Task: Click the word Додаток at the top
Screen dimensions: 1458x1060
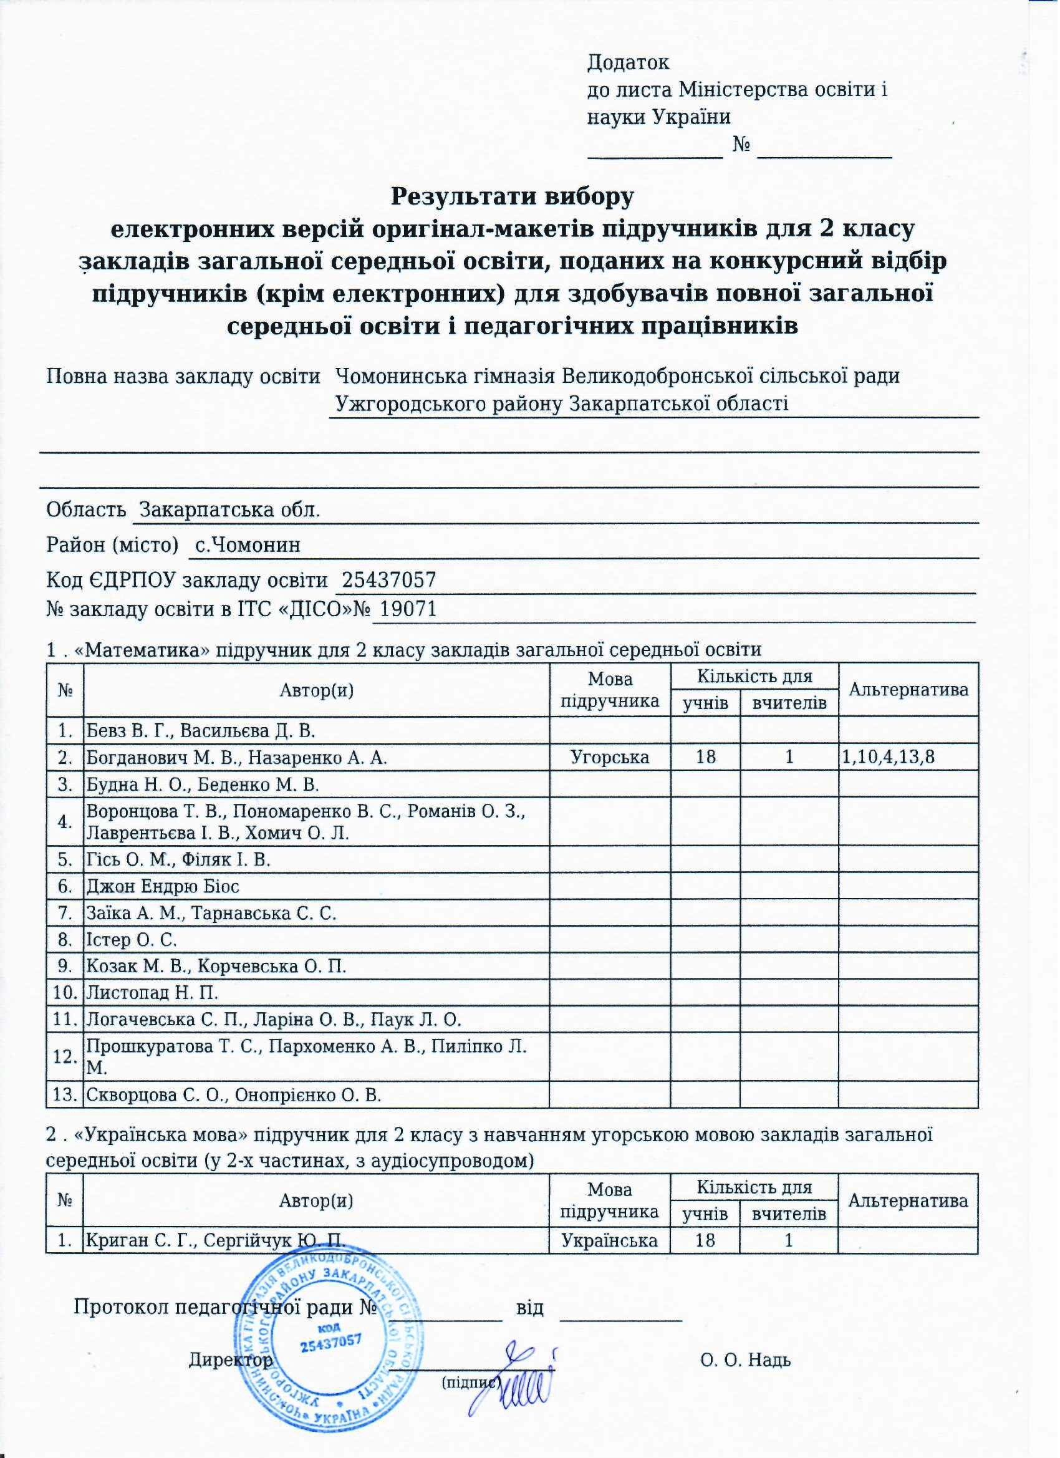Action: (x=629, y=62)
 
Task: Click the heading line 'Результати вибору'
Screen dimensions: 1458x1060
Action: (x=513, y=196)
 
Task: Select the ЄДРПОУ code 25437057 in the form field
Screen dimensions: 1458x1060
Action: (x=389, y=581)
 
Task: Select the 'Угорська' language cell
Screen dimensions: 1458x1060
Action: (x=610, y=758)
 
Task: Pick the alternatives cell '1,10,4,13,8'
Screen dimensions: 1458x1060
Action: (x=889, y=758)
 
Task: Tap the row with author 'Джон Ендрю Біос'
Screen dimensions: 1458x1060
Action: (x=163, y=887)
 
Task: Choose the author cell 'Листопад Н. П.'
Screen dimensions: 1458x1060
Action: (x=152, y=993)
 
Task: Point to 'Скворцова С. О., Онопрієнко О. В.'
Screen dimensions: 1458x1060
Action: (x=234, y=1095)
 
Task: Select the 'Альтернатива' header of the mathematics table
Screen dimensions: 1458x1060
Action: (x=909, y=690)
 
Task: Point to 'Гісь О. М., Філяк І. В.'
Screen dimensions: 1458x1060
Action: (x=179, y=860)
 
